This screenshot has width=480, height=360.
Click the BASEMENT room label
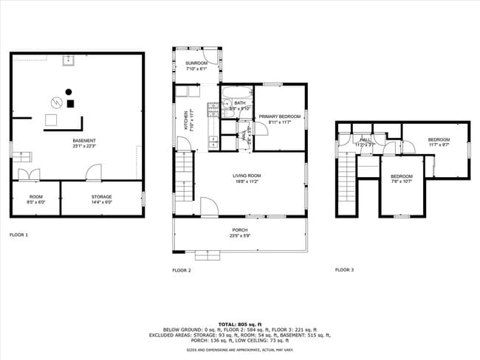point(83,140)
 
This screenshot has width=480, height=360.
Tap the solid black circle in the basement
point(69,91)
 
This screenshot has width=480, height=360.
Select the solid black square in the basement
point(71,104)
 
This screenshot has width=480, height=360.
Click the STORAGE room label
point(102,197)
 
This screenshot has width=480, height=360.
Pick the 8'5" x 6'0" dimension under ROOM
point(35,202)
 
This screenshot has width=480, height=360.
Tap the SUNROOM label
point(196,64)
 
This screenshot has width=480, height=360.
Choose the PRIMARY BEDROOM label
point(279,117)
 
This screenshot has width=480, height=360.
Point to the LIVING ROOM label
point(247,175)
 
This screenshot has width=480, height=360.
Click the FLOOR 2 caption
point(182,271)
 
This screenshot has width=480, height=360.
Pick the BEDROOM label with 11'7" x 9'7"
point(439,139)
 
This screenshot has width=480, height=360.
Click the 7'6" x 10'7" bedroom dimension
point(402,181)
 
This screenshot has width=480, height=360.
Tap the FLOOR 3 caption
point(344,270)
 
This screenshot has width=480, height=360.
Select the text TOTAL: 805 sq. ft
point(240,325)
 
